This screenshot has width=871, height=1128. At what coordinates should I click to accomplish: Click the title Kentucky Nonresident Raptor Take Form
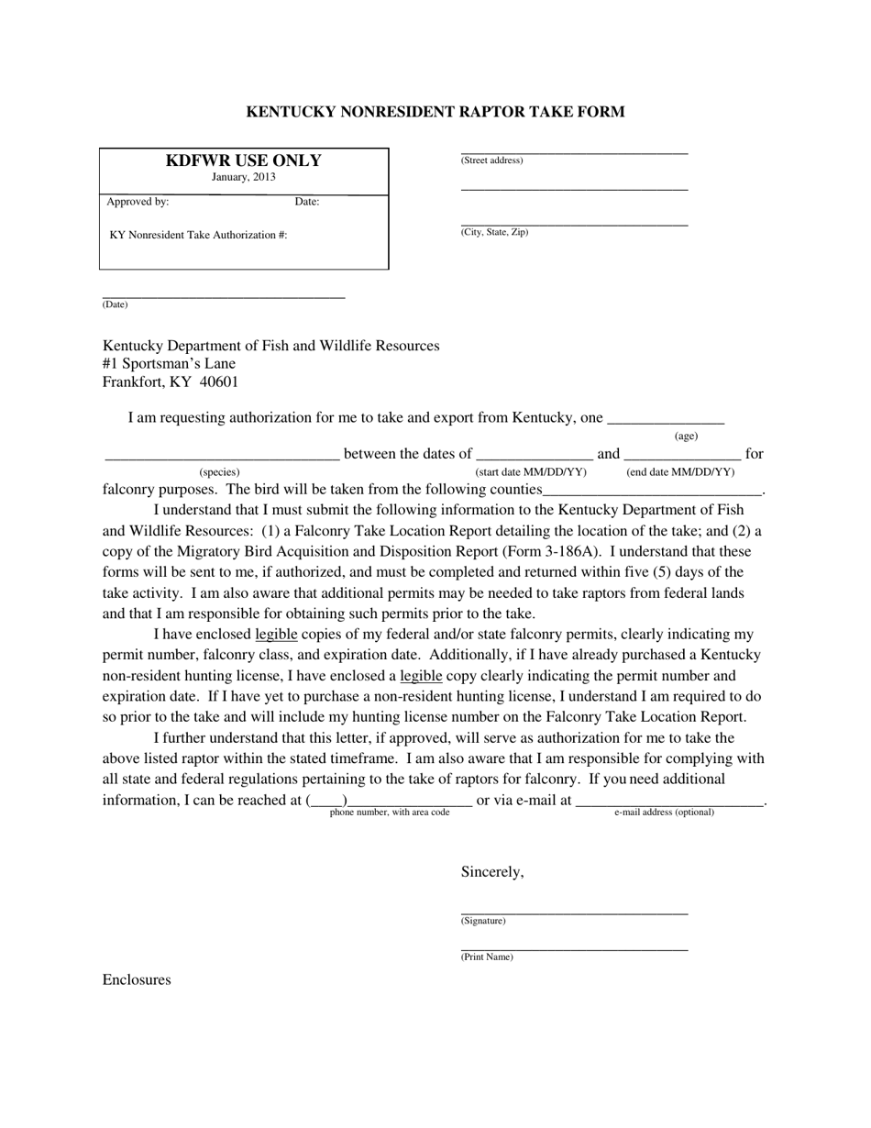click(x=435, y=112)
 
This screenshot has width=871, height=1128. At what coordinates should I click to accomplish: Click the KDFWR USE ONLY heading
click(x=243, y=160)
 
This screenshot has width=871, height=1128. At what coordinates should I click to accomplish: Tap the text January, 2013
click(x=243, y=178)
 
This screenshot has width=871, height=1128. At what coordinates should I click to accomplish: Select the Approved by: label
click(x=138, y=202)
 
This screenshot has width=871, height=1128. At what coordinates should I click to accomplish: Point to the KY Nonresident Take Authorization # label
click(x=198, y=235)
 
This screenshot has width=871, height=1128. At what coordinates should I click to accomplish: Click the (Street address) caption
click(x=491, y=160)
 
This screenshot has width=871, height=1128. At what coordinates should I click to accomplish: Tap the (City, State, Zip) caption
click(x=494, y=232)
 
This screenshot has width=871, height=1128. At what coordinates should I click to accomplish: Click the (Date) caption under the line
click(x=116, y=304)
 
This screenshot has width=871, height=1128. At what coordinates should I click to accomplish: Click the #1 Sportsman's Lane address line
click(x=169, y=364)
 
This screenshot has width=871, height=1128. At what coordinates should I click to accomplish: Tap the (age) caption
click(x=686, y=437)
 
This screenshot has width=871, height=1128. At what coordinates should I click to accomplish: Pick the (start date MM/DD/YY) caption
click(x=531, y=472)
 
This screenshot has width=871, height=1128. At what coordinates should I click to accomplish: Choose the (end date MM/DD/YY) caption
click(x=680, y=472)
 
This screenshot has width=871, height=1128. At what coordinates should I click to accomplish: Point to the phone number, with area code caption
click(x=390, y=813)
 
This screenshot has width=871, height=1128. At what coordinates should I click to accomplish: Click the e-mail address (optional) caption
click(x=664, y=813)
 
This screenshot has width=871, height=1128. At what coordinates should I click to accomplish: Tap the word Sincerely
click(x=492, y=872)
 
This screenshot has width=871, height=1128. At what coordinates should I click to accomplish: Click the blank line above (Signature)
click(x=574, y=912)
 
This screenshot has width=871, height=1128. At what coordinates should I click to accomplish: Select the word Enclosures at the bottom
click(x=137, y=980)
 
